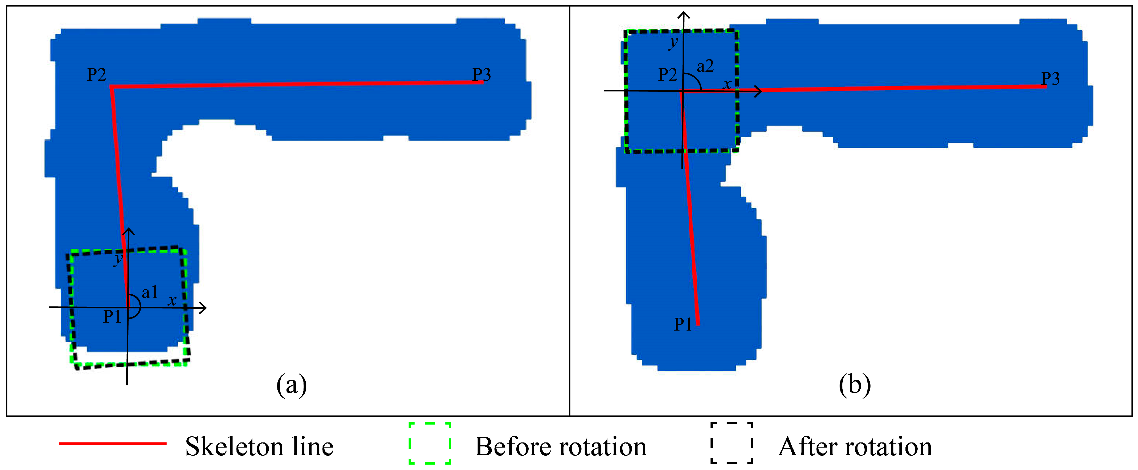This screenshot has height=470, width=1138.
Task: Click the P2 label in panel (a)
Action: (96, 75)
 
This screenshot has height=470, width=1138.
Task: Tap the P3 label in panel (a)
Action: (482, 75)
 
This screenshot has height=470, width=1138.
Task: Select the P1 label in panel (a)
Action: (112, 317)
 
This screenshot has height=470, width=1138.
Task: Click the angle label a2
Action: (705, 66)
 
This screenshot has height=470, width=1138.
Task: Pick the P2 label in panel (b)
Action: (668, 75)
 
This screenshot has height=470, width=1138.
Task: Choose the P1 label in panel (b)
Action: (683, 325)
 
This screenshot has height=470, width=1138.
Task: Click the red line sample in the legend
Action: (113, 443)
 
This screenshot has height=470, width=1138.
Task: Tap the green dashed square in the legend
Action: (429, 443)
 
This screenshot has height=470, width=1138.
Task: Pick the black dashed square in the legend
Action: (732, 443)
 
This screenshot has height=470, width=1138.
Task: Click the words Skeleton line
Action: (259, 447)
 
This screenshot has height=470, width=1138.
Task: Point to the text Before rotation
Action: (560, 447)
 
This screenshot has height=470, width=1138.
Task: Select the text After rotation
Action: (855, 447)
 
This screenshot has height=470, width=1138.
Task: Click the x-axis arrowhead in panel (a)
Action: (204, 308)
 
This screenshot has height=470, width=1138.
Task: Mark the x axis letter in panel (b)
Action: (727, 84)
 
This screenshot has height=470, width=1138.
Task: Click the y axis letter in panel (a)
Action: (118, 259)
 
